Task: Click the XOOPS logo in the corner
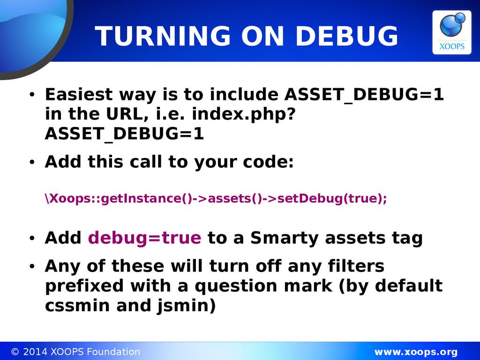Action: [x=451, y=32]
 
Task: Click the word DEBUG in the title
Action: [x=347, y=36]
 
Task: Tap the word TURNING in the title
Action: [x=163, y=36]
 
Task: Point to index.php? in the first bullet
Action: [x=244, y=114]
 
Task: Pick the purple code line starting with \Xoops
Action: [x=216, y=198]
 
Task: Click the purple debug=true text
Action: [x=144, y=238]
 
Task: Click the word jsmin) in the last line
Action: [x=187, y=306]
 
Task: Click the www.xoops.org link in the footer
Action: [x=416, y=352]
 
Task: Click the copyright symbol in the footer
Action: [x=15, y=352]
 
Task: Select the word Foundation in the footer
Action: [x=113, y=352]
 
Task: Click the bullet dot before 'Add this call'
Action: [x=32, y=162]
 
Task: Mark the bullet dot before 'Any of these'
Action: [x=32, y=266]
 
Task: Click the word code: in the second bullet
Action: [x=268, y=162]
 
